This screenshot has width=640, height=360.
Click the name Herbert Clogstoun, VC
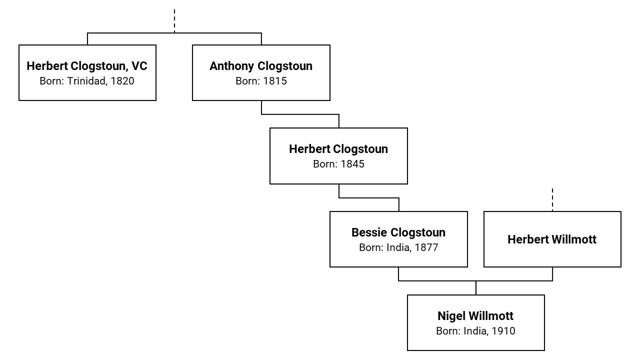87,66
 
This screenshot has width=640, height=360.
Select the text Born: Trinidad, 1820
87,81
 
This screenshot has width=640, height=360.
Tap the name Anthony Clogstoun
261,66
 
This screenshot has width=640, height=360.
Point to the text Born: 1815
261,81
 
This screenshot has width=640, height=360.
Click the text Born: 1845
338,164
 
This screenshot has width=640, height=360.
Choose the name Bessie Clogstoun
398,232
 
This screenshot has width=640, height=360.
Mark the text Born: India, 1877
398,247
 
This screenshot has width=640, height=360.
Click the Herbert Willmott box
552,239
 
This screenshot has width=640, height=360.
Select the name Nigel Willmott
475,316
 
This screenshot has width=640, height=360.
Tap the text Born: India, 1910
475,331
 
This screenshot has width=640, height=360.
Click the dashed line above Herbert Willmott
552,199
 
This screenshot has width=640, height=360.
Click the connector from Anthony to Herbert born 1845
300,114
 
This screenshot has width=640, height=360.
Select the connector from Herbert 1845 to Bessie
369,198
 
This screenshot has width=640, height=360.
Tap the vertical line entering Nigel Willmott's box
476,288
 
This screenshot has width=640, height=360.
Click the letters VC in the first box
139,66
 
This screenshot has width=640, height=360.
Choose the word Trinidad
85,81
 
